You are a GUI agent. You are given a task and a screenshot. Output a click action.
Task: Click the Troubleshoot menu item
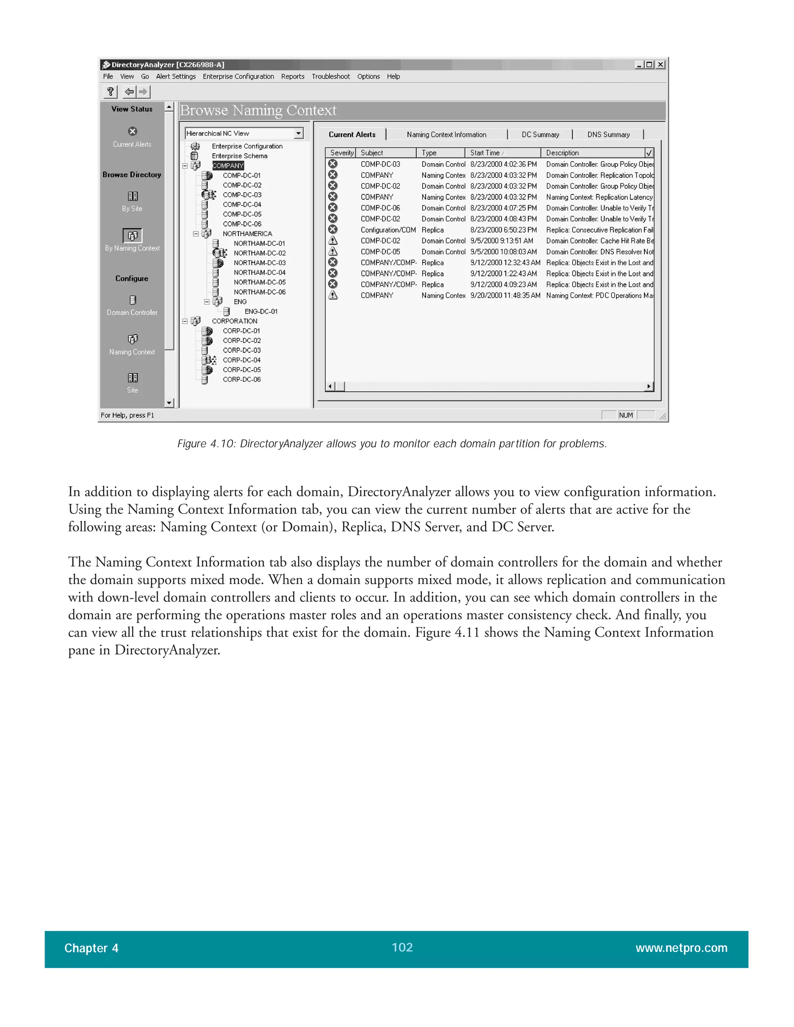click(x=330, y=77)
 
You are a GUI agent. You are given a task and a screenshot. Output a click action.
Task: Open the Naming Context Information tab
click(x=446, y=134)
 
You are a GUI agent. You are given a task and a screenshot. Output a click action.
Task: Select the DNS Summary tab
click(x=608, y=134)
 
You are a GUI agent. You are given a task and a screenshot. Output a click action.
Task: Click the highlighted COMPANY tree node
click(x=228, y=165)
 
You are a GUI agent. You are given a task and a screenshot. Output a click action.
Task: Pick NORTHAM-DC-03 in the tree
click(x=259, y=263)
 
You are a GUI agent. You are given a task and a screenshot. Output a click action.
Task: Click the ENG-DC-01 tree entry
click(x=261, y=311)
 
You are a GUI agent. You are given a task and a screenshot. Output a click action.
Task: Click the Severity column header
click(x=341, y=153)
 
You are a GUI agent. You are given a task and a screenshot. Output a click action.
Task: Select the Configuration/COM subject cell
click(x=388, y=230)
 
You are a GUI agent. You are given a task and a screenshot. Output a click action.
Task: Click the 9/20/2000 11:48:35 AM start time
click(x=505, y=295)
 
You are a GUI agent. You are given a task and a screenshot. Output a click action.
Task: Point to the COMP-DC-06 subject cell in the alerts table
click(x=380, y=208)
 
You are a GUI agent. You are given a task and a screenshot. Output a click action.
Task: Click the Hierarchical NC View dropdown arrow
click(x=298, y=134)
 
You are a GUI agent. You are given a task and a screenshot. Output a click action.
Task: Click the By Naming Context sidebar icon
click(x=133, y=235)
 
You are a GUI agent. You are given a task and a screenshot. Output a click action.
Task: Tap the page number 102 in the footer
click(x=402, y=947)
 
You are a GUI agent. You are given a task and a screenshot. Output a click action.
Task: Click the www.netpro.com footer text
click(x=681, y=948)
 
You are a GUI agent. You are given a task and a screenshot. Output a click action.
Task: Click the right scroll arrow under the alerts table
click(x=649, y=386)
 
